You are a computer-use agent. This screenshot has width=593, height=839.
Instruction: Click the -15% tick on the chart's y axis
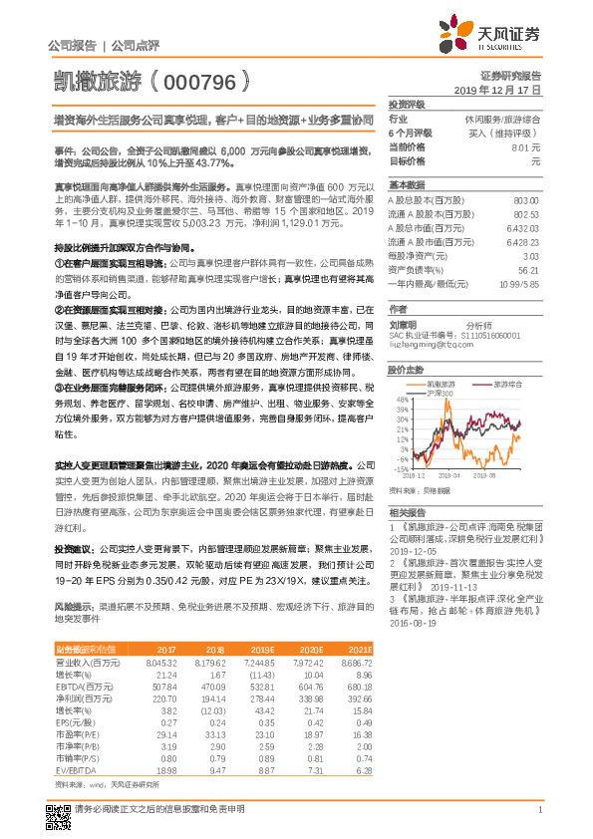(x=401, y=467)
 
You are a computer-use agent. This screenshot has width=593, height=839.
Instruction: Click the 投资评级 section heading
(x=407, y=104)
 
